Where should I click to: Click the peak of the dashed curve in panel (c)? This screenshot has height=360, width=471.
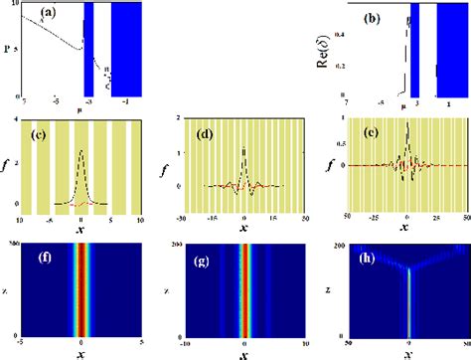(x=80, y=151)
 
